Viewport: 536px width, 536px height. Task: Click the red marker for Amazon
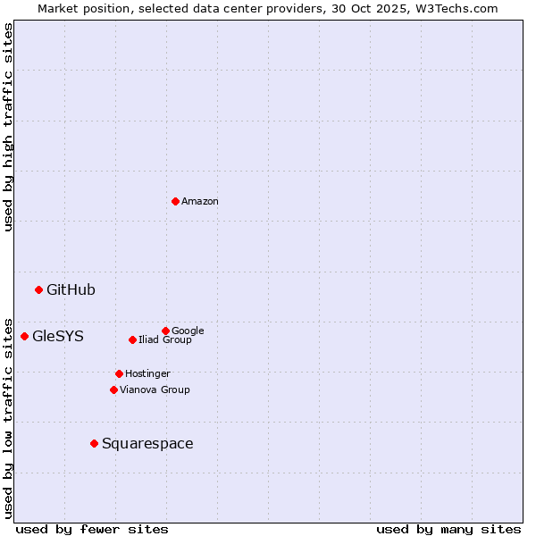pyautogui.click(x=175, y=201)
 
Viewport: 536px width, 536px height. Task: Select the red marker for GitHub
pyautogui.click(x=38, y=289)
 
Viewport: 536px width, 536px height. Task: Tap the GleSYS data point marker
pyautogui.click(x=24, y=336)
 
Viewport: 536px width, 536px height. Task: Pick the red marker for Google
pyautogui.click(x=165, y=331)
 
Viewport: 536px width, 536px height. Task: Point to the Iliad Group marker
pyautogui.click(x=132, y=339)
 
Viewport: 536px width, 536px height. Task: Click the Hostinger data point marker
pyautogui.click(x=119, y=373)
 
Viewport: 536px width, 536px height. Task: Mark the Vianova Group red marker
pyautogui.click(x=113, y=389)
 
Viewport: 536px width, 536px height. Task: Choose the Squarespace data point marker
pyautogui.click(x=94, y=443)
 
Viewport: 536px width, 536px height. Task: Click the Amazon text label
pyautogui.click(x=200, y=201)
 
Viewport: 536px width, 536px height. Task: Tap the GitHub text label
pyautogui.click(x=71, y=289)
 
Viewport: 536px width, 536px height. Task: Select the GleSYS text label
pyautogui.click(x=58, y=336)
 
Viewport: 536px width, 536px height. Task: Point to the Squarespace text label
pyautogui.click(x=147, y=443)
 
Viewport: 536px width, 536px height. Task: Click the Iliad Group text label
pyautogui.click(x=165, y=339)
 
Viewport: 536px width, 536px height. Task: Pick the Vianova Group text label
pyautogui.click(x=155, y=389)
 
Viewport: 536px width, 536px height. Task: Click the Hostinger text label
pyautogui.click(x=147, y=373)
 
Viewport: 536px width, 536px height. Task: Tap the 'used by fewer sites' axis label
pyautogui.click(x=92, y=529)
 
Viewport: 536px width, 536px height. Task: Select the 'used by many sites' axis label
pyautogui.click(x=448, y=529)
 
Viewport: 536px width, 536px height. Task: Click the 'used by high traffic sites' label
pyautogui.click(x=8, y=127)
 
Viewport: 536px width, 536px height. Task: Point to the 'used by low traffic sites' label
pyautogui.click(x=8, y=417)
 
